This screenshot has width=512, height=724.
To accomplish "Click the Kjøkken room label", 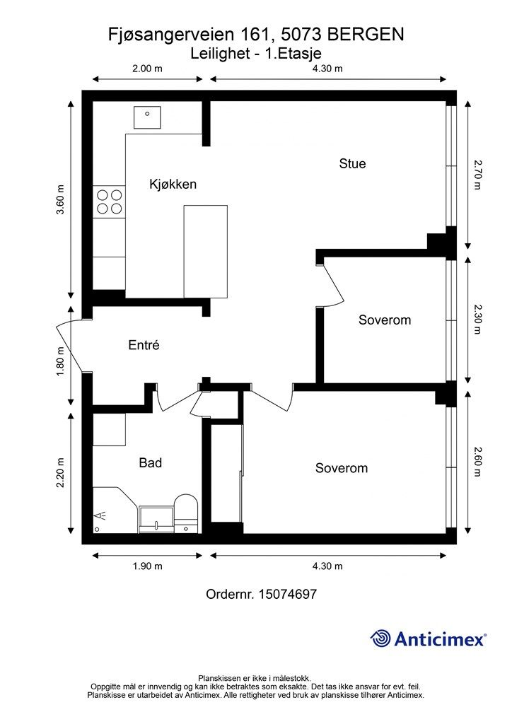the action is tap(173, 185).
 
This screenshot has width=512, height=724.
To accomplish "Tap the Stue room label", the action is tap(352, 163).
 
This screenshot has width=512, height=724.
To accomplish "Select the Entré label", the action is tap(144, 345).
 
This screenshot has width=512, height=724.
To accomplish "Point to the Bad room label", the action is tap(151, 462).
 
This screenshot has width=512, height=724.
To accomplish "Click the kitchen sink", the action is tap(147, 117).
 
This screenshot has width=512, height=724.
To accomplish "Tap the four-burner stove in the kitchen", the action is tap(110, 202).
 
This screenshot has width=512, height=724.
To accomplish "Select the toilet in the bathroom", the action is tap(186, 513).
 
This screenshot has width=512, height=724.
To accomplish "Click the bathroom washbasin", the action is tap(156, 520).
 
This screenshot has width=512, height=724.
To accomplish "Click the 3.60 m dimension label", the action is tap(61, 199).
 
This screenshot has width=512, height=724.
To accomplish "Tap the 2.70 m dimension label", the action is tap(477, 175).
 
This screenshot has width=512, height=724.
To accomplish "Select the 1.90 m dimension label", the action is tap(148, 566).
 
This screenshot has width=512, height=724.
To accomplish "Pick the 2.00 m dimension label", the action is tap(148, 69).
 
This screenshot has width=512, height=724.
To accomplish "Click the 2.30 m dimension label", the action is tap(477, 319).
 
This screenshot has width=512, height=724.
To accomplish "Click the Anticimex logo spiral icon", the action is tap(380, 639).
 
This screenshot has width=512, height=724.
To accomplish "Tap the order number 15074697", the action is tap(288, 594).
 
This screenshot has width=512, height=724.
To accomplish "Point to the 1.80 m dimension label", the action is tap(61, 361).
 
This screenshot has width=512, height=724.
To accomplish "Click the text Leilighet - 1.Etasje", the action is tap(256, 54).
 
